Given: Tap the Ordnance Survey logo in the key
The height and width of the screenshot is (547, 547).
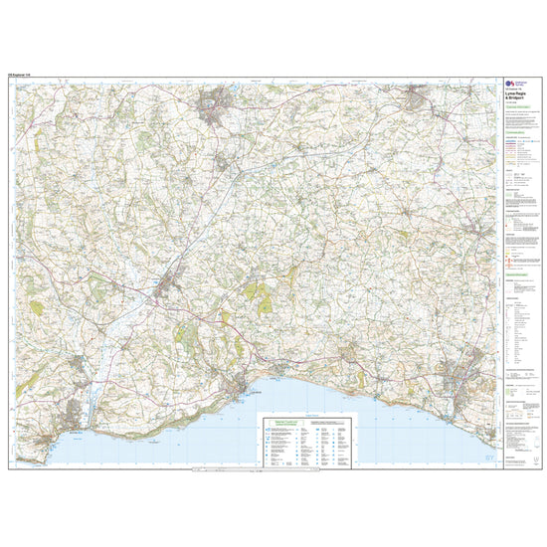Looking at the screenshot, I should (512, 86).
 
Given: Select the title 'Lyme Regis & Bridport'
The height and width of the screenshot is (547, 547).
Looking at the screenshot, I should (518, 99).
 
